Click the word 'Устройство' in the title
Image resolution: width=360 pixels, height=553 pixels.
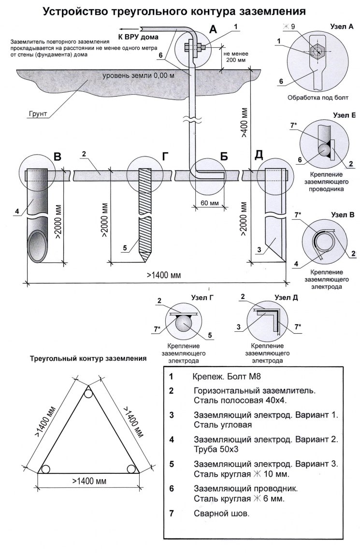pyautogui.click(x=72, y=11)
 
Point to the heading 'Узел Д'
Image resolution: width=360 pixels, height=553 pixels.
pyautogui.click(x=286, y=298)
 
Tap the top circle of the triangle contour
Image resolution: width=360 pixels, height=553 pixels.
pyautogui.click(x=87, y=394)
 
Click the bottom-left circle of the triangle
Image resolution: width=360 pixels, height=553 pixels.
pyautogui.click(x=45, y=469)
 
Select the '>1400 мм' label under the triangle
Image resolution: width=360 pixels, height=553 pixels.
pyautogui.click(x=89, y=482)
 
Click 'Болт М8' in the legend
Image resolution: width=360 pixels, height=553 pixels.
pyautogui.click(x=228, y=376)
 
